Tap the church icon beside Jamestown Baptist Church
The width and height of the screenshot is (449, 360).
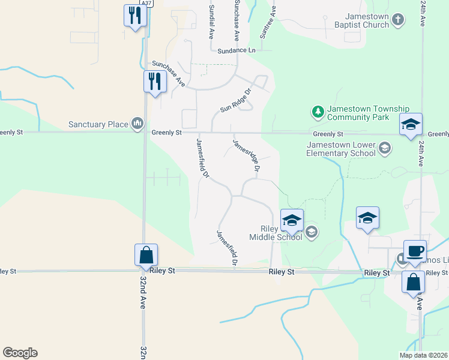point(398,21)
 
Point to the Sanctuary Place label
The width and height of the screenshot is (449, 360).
point(98,124)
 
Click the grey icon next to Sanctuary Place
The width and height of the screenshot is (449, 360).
point(137,124)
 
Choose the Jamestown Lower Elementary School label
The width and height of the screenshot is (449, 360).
point(341,149)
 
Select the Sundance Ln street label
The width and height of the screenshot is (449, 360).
point(237,50)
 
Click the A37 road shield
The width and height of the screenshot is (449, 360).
point(146,3)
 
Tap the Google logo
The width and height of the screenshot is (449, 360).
point(20,353)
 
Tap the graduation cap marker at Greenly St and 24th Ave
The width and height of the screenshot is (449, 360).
point(411,124)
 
